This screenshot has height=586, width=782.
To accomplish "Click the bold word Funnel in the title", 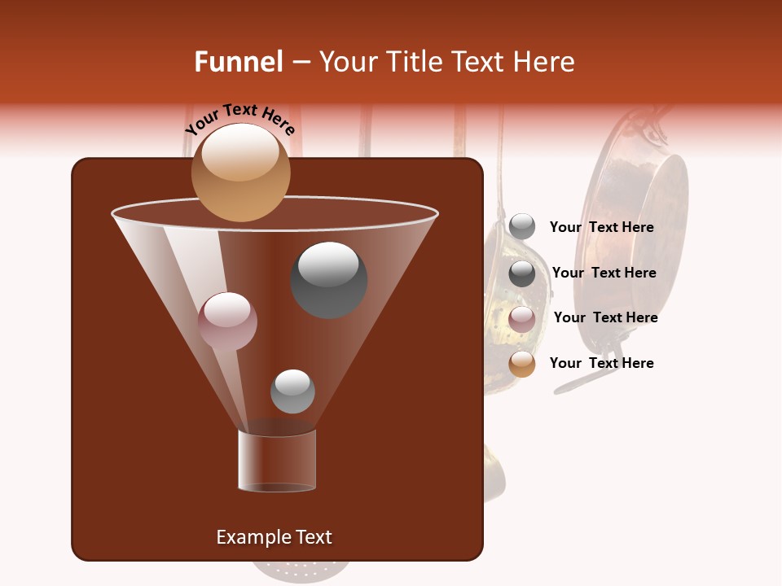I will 238,62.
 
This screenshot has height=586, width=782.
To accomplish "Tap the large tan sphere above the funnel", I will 240,173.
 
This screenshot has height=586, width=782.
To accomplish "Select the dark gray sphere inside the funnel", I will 329,280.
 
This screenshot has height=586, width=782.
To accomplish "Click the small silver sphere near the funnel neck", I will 292,391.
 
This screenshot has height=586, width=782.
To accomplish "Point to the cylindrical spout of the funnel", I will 277,461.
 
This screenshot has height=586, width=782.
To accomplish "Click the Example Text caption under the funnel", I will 274,537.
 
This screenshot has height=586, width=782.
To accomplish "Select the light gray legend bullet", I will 521,227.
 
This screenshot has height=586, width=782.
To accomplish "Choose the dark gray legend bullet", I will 521,273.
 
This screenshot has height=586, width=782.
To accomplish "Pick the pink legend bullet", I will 521,319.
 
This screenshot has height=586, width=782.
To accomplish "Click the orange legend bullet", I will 521,364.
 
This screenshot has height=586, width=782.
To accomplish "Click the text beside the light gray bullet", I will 601,227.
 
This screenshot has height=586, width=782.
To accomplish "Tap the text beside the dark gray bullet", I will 604,273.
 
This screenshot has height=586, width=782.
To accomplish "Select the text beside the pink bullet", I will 605,317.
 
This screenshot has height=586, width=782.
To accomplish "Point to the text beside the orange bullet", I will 601,363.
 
